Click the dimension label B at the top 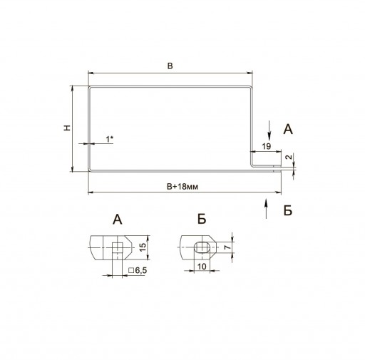click(x=170, y=66)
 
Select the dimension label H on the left click(x=67, y=128)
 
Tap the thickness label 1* click(x=109, y=139)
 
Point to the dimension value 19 click(x=267, y=146)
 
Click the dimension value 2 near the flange click(x=289, y=157)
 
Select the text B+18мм click(x=182, y=187)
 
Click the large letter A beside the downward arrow click(x=288, y=130)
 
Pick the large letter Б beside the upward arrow click(x=288, y=210)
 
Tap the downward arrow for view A click(x=269, y=130)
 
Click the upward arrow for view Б click(x=266, y=208)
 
